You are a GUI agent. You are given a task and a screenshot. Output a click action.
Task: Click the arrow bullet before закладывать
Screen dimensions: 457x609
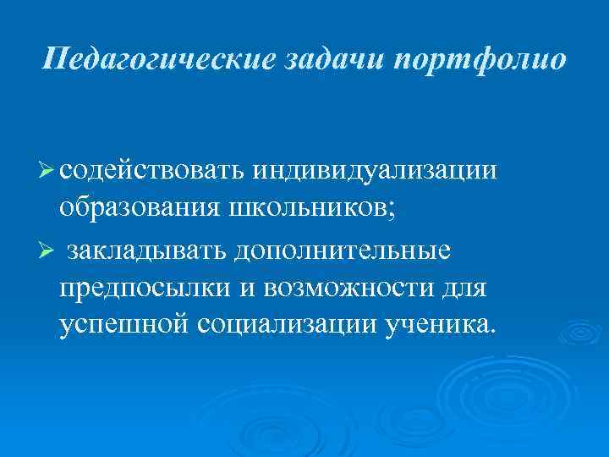coord(47,251)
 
